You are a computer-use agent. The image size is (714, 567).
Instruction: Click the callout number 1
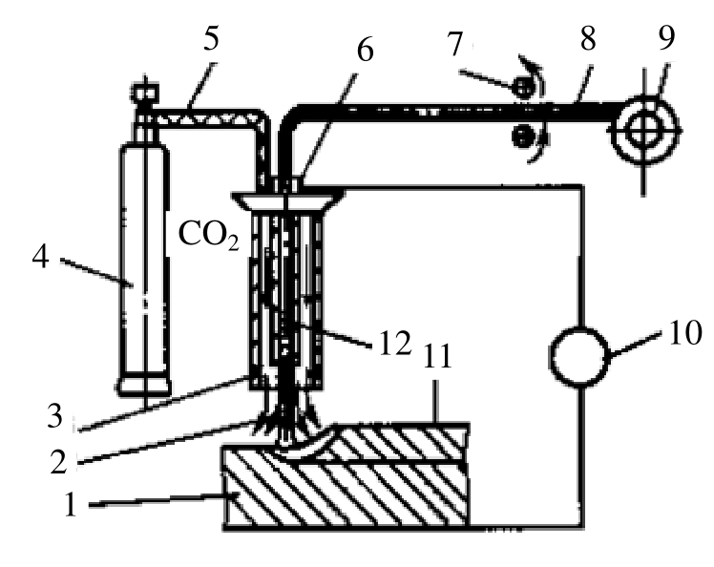click(70, 504)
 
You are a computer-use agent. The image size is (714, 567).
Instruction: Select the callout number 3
click(55, 415)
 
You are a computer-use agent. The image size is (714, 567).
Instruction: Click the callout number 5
click(210, 38)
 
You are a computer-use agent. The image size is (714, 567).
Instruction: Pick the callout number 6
click(366, 49)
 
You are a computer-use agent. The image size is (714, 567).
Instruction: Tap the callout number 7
click(455, 44)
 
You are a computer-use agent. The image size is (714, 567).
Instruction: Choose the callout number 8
click(588, 38)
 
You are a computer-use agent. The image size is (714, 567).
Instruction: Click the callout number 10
click(685, 332)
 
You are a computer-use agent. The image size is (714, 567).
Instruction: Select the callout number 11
click(437, 356)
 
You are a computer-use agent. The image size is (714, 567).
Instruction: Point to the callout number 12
click(395, 343)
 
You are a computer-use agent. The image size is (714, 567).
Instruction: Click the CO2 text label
click(208, 235)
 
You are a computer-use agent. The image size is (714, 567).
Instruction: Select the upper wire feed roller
click(523, 87)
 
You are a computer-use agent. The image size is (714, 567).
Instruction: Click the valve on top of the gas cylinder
click(146, 94)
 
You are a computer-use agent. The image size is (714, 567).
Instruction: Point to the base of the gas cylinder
click(144, 387)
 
